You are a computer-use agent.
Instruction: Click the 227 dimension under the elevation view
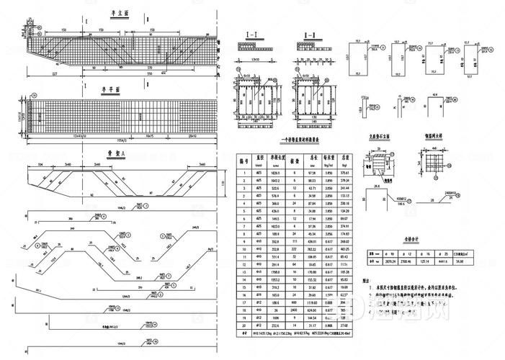(55, 74)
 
